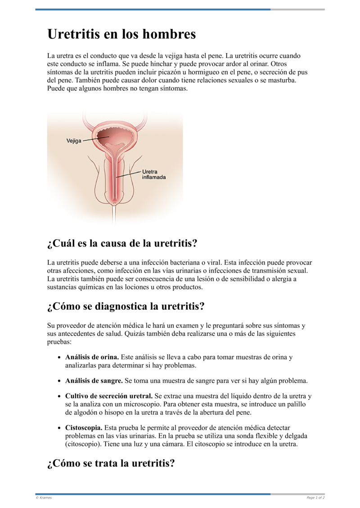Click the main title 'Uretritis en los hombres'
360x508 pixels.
[x=121, y=34]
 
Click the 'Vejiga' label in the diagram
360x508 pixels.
[x=74, y=141]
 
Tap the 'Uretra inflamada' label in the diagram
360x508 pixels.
[x=153, y=174]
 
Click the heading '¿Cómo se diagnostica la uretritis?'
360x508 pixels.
[x=126, y=307]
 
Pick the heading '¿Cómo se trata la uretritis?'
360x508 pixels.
[x=111, y=463]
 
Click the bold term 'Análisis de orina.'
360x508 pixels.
[x=92, y=357]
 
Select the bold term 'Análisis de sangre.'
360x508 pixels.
[x=94, y=381]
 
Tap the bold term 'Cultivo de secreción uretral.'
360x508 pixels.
[x=109, y=396]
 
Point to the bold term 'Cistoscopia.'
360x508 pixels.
[x=84, y=428]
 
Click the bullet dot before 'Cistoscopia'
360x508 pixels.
[x=60, y=428]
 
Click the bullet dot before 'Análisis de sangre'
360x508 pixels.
[x=60, y=381]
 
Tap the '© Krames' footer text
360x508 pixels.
[x=44, y=498]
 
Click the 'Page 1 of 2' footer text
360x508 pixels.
[x=315, y=498]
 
